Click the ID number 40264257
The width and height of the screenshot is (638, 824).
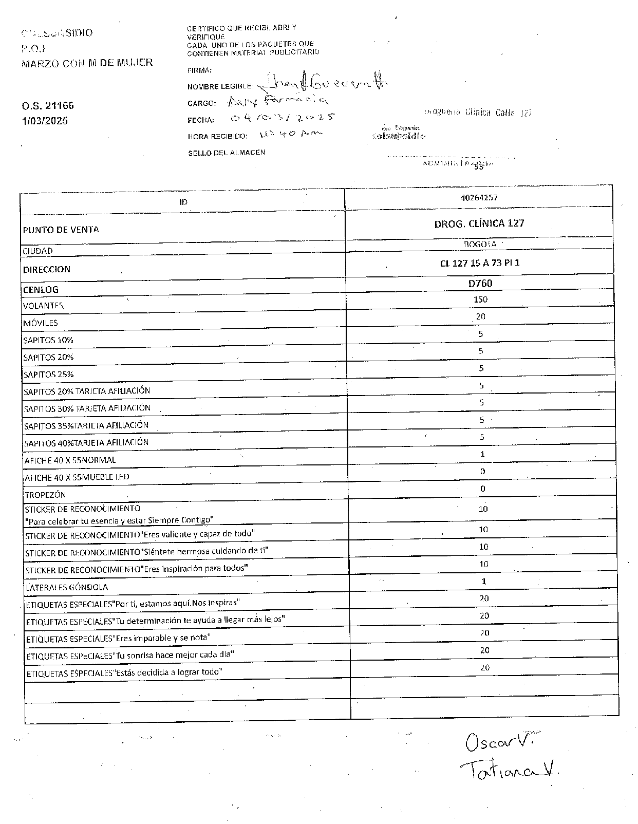pos(479,197)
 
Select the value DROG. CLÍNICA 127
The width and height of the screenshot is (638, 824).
pos(479,223)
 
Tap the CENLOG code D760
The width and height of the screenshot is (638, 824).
pos(480,283)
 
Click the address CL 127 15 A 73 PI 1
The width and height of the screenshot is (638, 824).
pos(480,263)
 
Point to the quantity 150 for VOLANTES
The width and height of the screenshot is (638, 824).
pos(480,299)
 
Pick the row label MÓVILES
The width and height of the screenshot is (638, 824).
pos(41,323)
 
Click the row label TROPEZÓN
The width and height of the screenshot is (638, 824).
pos(45,495)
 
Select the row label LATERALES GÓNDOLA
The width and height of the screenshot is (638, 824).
pos(67,587)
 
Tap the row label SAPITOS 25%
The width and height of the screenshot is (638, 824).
pos(48,374)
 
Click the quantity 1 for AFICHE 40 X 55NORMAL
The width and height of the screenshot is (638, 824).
pos(482,454)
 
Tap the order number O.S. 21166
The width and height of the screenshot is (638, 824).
pos(48,106)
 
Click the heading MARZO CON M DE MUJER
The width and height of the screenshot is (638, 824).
pos(87,63)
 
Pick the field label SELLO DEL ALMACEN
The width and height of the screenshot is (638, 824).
pos(227,153)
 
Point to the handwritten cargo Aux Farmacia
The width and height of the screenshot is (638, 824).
pos(277,101)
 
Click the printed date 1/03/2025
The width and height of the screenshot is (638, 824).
pos(45,121)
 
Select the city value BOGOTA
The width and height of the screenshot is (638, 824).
pos(480,245)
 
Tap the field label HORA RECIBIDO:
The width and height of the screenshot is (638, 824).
pos(218,137)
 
